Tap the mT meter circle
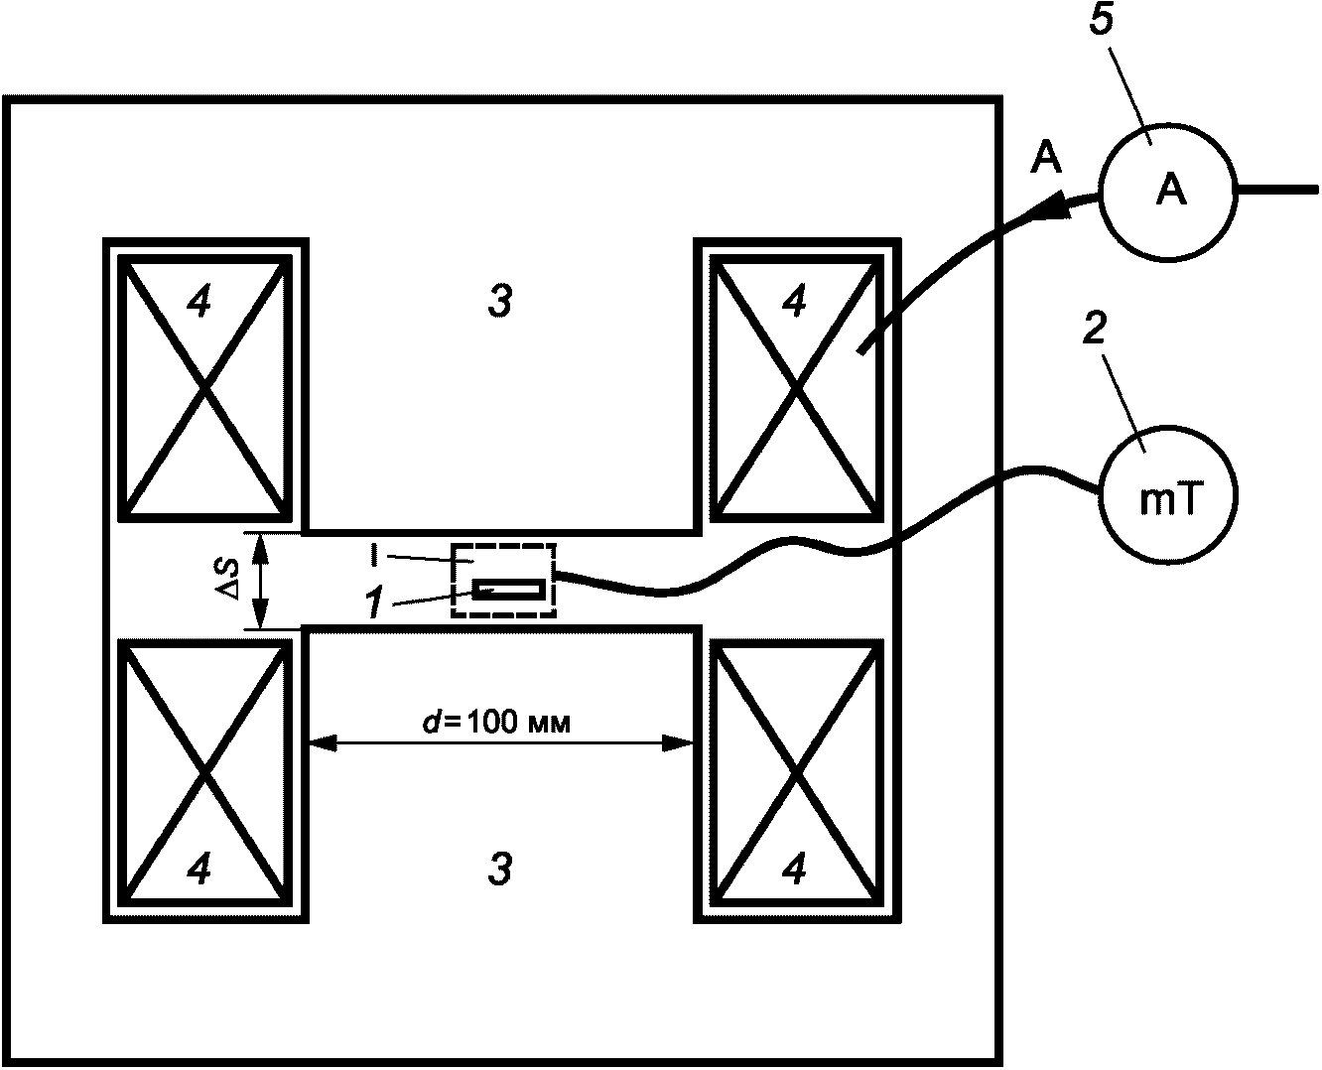(1167, 500)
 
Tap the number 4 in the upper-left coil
(198, 302)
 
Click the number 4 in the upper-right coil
(794, 302)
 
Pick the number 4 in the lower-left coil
(198, 869)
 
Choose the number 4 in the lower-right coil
(794, 869)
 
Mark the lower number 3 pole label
(499, 869)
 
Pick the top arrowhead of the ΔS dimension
(261, 543)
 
